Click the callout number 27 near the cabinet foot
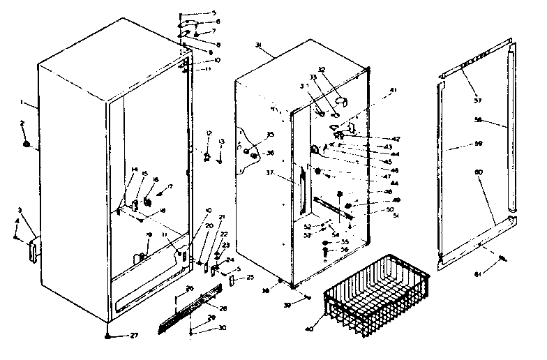(133, 336)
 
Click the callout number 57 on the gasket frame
(477, 100)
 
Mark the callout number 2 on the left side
(22, 123)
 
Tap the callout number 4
(17, 222)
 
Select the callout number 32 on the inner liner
(322, 69)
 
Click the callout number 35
(270, 134)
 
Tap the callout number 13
(221, 142)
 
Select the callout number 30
(223, 328)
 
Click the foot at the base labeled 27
(109, 335)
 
